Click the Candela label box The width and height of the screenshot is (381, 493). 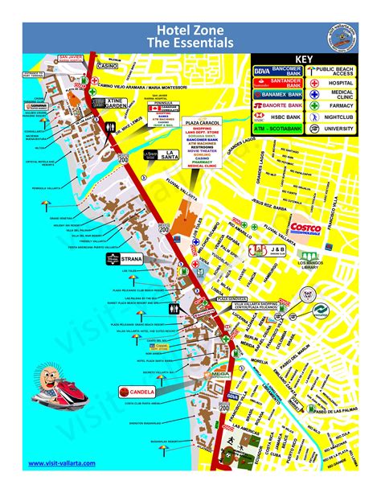tap(135, 392)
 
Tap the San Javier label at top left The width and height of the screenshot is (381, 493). tap(71, 57)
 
